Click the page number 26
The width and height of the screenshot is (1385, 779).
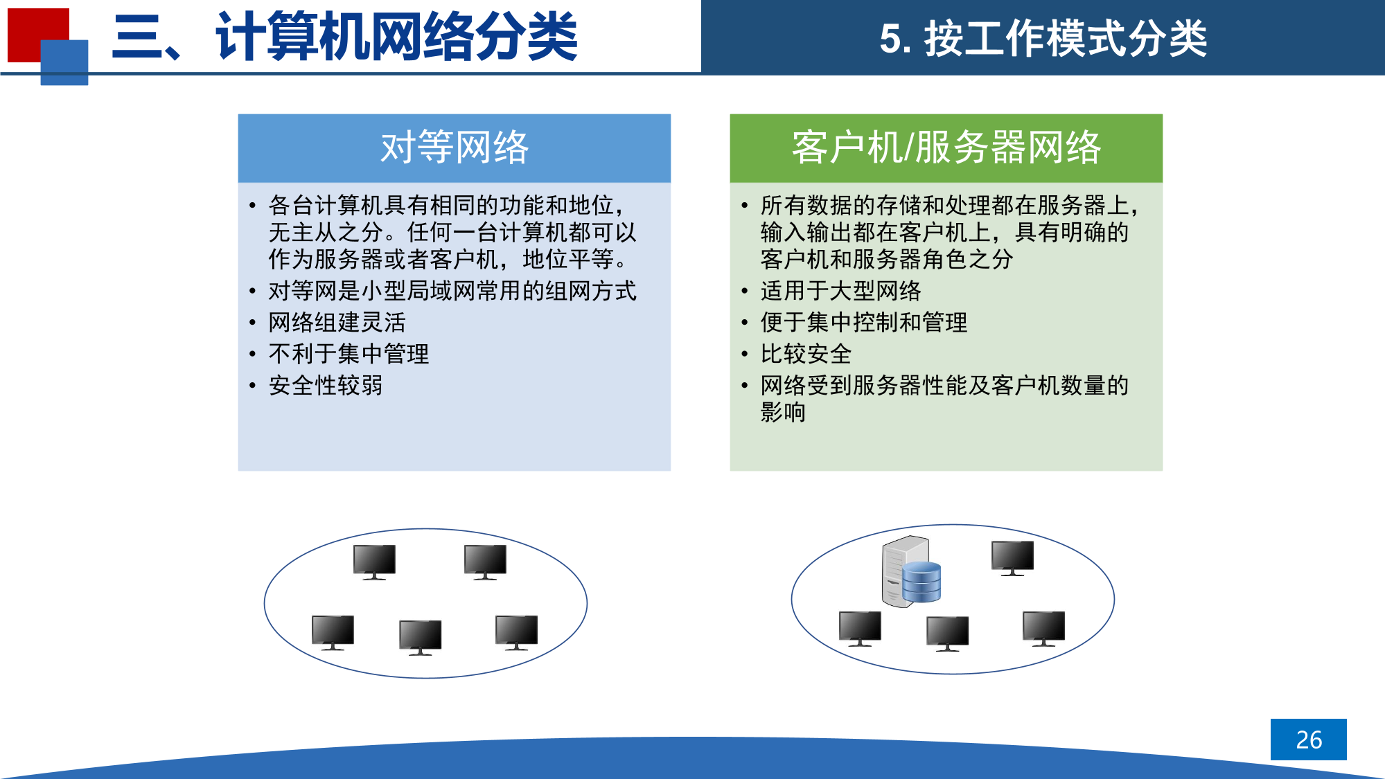point(1309,740)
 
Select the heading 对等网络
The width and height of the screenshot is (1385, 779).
point(455,147)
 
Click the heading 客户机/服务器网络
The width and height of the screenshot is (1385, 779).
point(946,147)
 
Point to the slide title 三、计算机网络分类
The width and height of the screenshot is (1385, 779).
point(345,37)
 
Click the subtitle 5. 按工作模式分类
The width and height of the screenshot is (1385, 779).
point(1043,38)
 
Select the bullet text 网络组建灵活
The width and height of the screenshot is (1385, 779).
point(337,322)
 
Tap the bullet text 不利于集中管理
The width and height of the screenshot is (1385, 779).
point(349,354)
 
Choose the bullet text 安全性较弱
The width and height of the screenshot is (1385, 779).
point(326,385)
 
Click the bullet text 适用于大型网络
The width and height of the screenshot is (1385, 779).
point(840,291)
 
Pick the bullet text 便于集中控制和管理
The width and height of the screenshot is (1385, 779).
point(863,322)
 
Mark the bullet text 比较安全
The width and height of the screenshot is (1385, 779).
point(806,354)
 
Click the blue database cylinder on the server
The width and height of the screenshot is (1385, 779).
point(921,582)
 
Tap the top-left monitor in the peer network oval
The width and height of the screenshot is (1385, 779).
point(374,562)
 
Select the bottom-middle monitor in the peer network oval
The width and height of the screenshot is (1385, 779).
point(421,637)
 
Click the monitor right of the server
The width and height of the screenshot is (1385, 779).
point(1012,558)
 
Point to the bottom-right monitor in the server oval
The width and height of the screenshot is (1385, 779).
point(1043,629)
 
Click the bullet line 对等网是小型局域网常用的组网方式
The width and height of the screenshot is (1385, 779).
point(452,291)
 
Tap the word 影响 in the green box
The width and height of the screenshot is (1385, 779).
point(783,412)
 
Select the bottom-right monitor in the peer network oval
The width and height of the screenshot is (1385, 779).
point(516,632)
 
